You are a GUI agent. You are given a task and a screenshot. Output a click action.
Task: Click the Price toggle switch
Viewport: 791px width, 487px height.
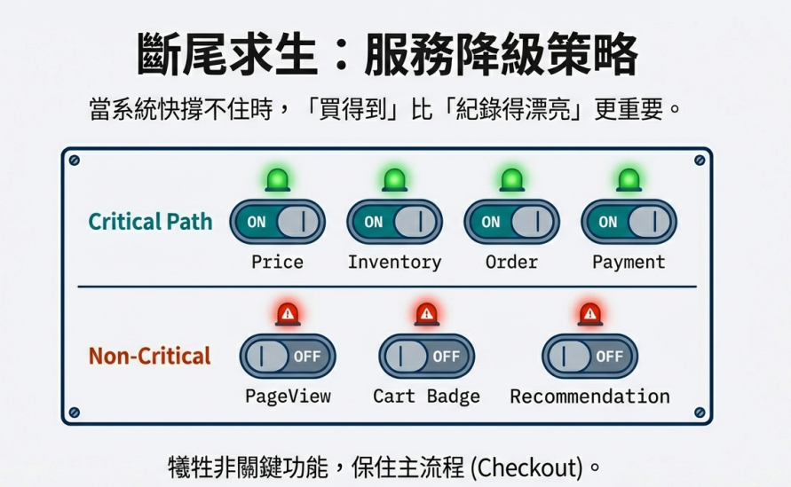pyautogui.click(x=278, y=222)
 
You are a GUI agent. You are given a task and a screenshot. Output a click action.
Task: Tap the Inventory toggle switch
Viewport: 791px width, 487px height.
pyautogui.click(x=394, y=222)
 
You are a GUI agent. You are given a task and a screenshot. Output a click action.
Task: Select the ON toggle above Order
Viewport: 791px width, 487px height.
pyautogui.click(x=511, y=222)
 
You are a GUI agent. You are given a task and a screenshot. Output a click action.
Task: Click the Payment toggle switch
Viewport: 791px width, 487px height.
pyautogui.click(x=629, y=222)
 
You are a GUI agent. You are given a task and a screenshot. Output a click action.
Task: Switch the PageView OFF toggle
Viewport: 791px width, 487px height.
pyautogui.click(x=288, y=357)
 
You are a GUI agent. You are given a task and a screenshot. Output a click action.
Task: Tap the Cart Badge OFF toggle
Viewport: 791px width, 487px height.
pyautogui.click(x=427, y=357)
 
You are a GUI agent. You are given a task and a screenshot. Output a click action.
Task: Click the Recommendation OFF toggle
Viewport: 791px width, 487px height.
pyautogui.click(x=589, y=357)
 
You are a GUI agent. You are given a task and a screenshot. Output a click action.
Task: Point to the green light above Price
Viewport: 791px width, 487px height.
pyautogui.click(x=278, y=180)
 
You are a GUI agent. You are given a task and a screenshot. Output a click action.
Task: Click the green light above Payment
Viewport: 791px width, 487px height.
pyautogui.click(x=629, y=180)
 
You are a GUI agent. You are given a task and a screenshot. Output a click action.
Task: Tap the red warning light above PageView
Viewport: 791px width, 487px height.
pyautogui.click(x=288, y=315)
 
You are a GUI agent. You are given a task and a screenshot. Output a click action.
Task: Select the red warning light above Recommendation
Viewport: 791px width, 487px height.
pyautogui.click(x=590, y=315)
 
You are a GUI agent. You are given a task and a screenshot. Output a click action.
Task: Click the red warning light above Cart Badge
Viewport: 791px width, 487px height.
pyautogui.click(x=427, y=315)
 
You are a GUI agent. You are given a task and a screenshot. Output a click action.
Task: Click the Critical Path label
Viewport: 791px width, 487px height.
pyautogui.click(x=150, y=222)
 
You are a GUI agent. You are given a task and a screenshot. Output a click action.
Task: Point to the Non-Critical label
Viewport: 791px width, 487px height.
pyautogui.click(x=150, y=357)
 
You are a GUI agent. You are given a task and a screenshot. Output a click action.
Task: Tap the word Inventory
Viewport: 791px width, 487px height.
pyautogui.click(x=394, y=263)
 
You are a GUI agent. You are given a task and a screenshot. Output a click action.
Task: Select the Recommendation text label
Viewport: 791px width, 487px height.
pyautogui.click(x=589, y=397)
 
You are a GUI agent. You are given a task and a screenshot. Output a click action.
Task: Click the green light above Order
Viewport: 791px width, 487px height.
pyautogui.click(x=512, y=180)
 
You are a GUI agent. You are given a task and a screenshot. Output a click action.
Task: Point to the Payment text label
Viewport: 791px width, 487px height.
pyautogui.click(x=629, y=263)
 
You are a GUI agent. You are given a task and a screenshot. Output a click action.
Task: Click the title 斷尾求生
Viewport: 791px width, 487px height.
pyautogui.click(x=227, y=54)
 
